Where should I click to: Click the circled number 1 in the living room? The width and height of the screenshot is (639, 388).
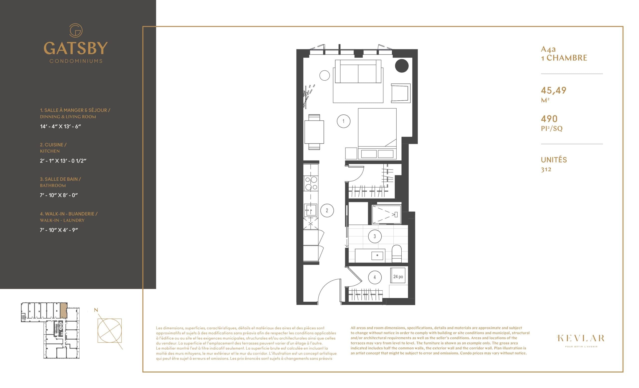click(x=343, y=121)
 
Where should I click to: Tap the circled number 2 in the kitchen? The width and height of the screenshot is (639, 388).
click(x=327, y=210)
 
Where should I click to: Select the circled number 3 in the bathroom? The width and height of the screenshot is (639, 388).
click(x=374, y=236)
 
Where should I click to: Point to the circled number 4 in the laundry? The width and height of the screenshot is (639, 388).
click(x=374, y=277)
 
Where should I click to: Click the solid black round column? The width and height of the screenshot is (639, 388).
click(x=402, y=66)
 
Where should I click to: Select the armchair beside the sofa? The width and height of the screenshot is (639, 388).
click(x=400, y=93)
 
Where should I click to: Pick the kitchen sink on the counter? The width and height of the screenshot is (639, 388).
click(x=311, y=210)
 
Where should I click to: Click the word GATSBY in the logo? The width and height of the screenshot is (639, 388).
click(x=75, y=48)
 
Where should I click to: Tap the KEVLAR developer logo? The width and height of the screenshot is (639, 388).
click(x=581, y=338)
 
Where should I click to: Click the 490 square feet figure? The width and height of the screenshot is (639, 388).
click(x=549, y=119)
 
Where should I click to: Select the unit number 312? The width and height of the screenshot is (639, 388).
click(x=546, y=169)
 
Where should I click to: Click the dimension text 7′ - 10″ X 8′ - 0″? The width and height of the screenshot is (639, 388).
click(x=59, y=195)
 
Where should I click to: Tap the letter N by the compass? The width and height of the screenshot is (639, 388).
click(x=96, y=310)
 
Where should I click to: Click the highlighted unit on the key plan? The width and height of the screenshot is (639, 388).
click(x=64, y=311)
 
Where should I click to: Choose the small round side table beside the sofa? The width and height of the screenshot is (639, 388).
click(x=324, y=75)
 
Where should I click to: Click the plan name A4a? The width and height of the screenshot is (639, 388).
click(x=548, y=49)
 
